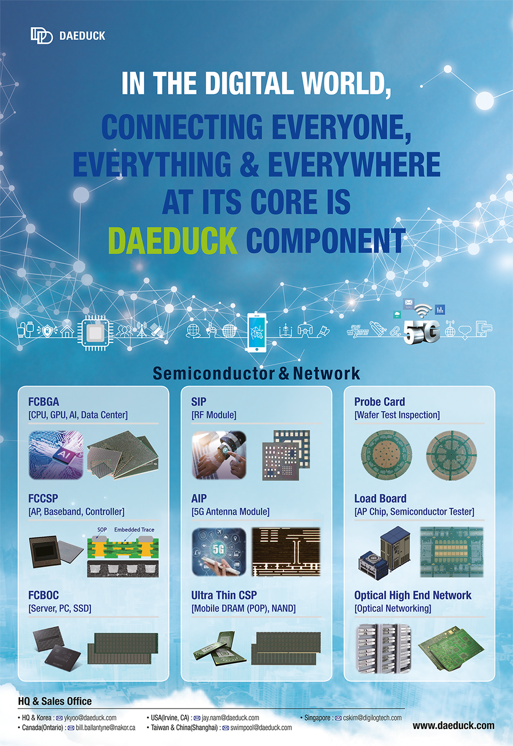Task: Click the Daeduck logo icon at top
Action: pos(42,35)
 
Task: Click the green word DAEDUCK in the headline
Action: pos(172,240)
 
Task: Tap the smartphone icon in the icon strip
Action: pos(256,332)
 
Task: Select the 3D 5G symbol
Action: pos(422,331)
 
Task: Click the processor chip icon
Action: pos(95,333)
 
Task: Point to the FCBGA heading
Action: pos(44,401)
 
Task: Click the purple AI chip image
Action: pos(56,455)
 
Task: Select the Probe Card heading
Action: pos(380,401)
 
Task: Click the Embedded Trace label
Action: pos(134,529)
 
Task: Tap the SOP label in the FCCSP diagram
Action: pos(102,529)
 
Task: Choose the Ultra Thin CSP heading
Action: pos(224,595)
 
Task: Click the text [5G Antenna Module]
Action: pos(230,511)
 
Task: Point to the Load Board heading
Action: pos(380,498)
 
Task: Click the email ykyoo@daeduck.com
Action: pos(90,718)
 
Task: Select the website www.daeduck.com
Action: pos(453,725)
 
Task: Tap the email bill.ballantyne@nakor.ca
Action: pos(106,728)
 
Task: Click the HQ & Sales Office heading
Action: pos(55,701)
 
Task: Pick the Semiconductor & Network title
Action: pos(256,373)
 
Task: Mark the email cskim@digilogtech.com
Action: pos(372,718)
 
